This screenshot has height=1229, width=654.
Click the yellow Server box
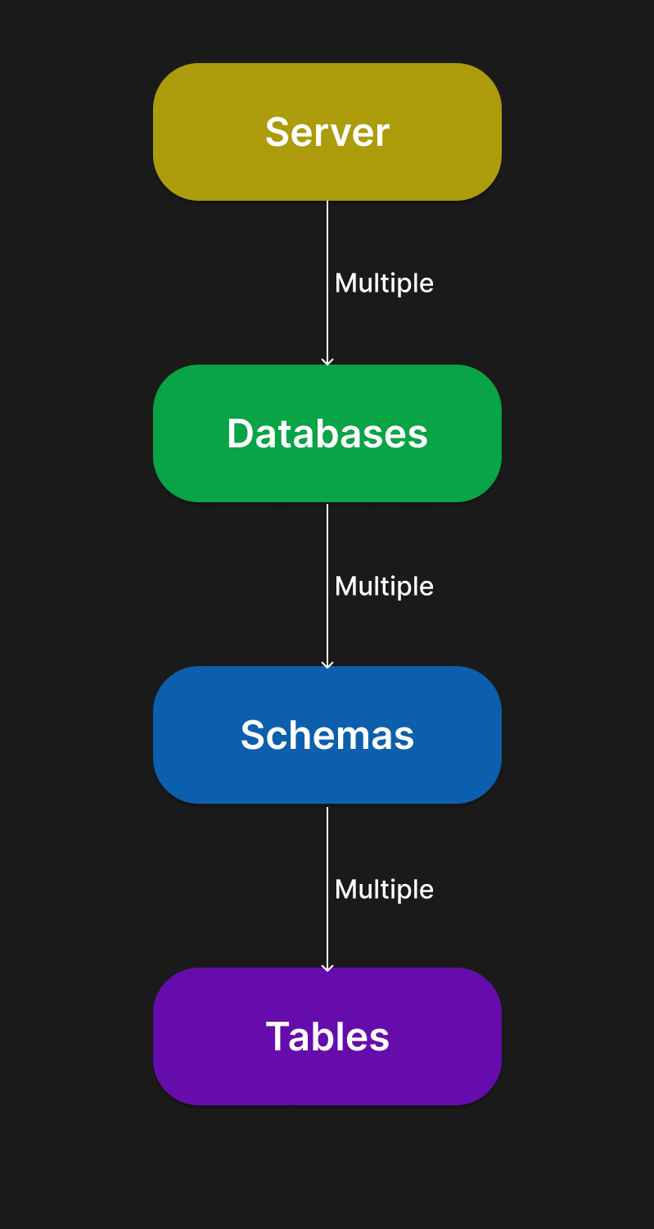pyautogui.click(x=327, y=132)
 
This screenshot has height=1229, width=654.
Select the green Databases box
pyautogui.click(x=327, y=433)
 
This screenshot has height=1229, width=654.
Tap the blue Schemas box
pyautogui.click(x=327, y=735)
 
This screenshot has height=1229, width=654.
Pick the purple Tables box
pyautogui.click(x=327, y=1036)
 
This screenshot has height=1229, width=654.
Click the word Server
pyautogui.click(x=327, y=132)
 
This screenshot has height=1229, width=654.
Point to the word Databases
pyautogui.click(x=327, y=434)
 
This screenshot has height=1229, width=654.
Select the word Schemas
pyautogui.click(x=327, y=735)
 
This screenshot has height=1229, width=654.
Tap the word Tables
pyautogui.click(x=327, y=1037)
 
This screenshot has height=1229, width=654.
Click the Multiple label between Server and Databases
pyautogui.click(x=384, y=284)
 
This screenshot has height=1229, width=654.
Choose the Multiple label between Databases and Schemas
pyautogui.click(x=384, y=587)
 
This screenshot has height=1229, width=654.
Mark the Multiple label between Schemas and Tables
pyautogui.click(x=384, y=891)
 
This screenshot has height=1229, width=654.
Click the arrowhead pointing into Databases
pyautogui.click(x=327, y=362)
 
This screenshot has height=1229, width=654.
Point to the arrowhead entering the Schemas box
pyautogui.click(x=327, y=665)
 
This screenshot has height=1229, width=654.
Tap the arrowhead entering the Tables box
pyautogui.click(x=327, y=968)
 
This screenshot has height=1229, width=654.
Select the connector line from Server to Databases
pyautogui.click(x=327, y=283)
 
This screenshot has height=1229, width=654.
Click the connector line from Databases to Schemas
pyautogui.click(x=327, y=586)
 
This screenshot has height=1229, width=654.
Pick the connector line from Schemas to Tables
pyautogui.click(x=327, y=889)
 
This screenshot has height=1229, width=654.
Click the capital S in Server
pyautogui.click(x=277, y=132)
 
